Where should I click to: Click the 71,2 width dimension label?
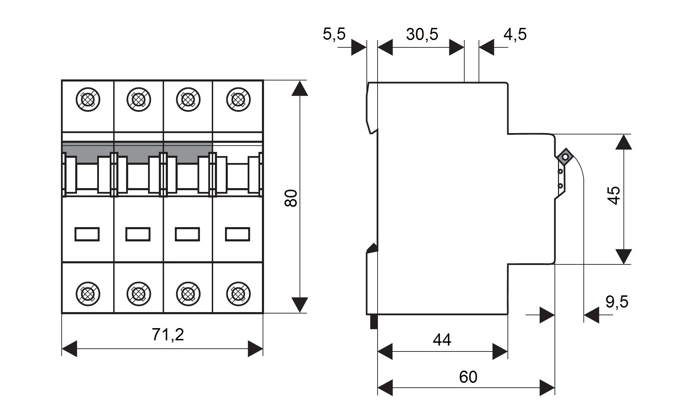click(168, 335)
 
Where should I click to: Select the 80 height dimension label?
click(291, 198)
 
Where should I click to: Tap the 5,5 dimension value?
click(334, 34)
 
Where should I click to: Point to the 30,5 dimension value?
click(422, 34)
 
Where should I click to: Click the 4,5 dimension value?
click(515, 34)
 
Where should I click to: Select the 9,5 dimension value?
click(617, 302)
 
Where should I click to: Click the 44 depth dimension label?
click(442, 340)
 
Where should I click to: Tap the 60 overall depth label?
click(468, 377)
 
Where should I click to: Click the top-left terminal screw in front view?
click(88, 100)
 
